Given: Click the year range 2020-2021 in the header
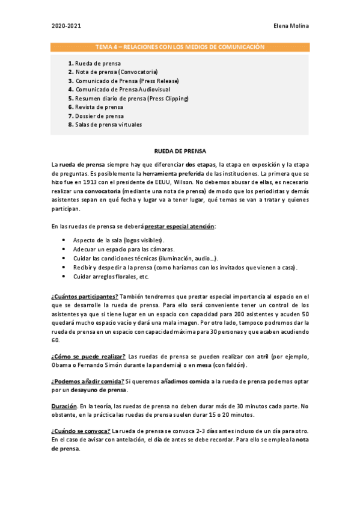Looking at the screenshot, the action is [66, 26].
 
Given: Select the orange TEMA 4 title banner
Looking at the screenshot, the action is [180, 47].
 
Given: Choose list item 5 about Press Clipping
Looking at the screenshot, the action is [129, 99].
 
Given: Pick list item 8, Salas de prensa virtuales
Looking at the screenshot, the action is [105, 125].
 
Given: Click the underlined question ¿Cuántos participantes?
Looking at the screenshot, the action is [85, 296].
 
